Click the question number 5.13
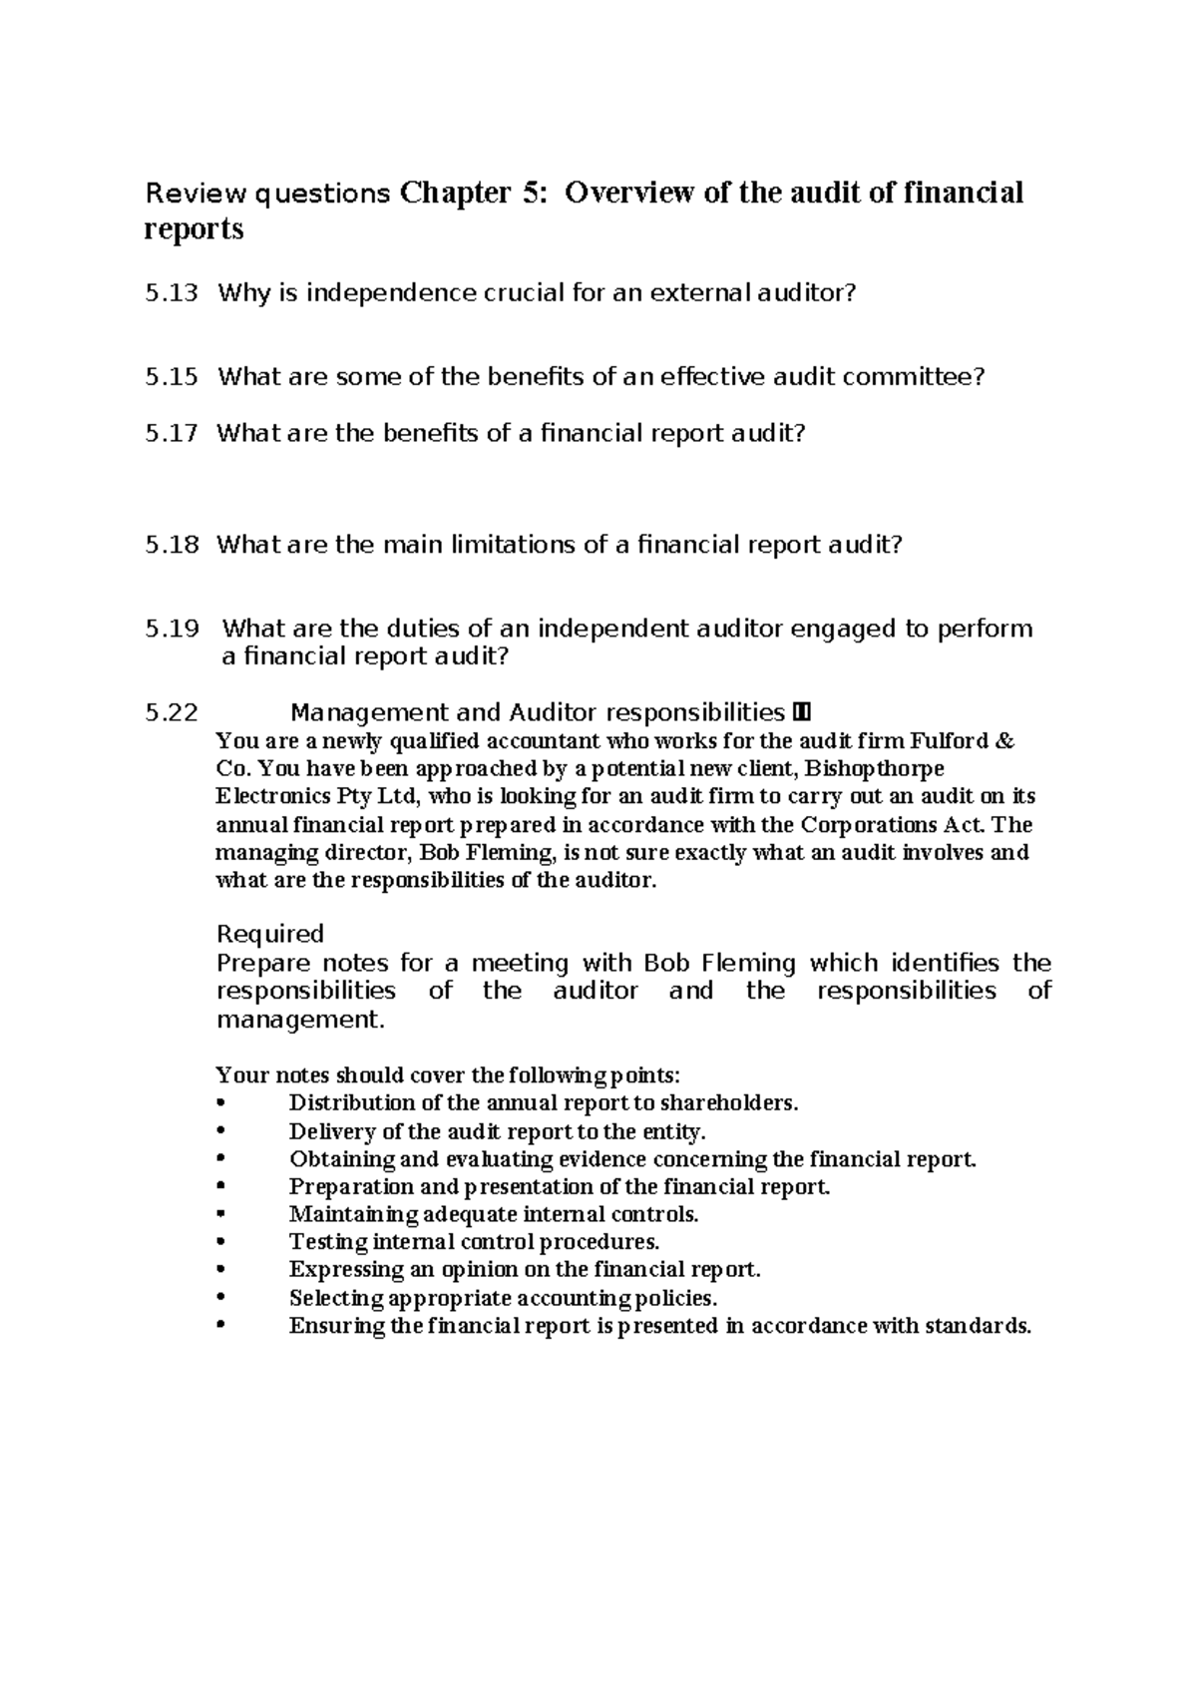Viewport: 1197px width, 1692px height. pyautogui.click(x=171, y=293)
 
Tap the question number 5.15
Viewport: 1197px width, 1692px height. pyautogui.click(x=171, y=377)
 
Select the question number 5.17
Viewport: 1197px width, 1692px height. pyautogui.click(x=171, y=433)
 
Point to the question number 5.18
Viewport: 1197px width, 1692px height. pyautogui.click(x=171, y=545)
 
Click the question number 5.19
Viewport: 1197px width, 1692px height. pyautogui.click(x=171, y=629)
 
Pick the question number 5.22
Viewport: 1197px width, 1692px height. pyautogui.click(x=171, y=712)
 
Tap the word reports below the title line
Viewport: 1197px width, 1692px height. pyautogui.click(x=194, y=228)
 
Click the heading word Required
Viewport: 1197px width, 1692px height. pyautogui.click(x=269, y=934)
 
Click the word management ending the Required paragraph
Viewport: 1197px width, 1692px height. pyautogui.click(x=298, y=1020)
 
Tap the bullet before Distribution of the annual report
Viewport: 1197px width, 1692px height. pyautogui.click(x=221, y=1103)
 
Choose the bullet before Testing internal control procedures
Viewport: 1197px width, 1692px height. pyautogui.click(x=221, y=1243)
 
